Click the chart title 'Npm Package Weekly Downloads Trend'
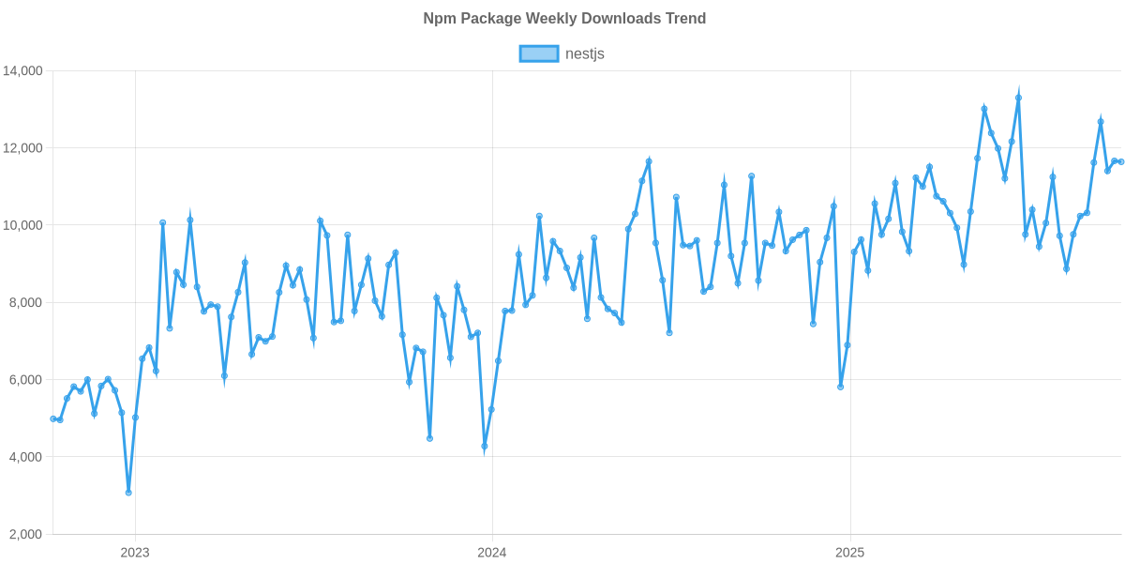tap(562, 19)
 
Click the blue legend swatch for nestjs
tap(538, 53)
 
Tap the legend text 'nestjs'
tap(585, 53)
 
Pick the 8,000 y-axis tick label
tap(26, 302)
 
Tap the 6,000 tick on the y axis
tap(26, 380)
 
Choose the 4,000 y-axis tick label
tap(26, 457)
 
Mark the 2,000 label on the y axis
tap(26, 534)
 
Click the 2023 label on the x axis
tap(135, 552)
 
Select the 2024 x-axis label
tap(491, 552)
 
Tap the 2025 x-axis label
tap(849, 552)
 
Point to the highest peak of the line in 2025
tap(1018, 96)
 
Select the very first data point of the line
tap(52, 418)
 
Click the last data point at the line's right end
tap(1121, 162)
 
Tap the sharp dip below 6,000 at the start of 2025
tap(840, 386)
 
